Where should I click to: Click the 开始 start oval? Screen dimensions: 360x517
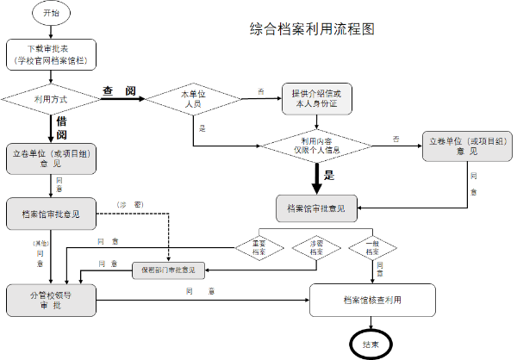pos(49,15)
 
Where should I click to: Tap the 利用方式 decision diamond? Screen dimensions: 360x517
pos(50,100)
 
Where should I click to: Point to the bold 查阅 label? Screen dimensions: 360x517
pos(119,91)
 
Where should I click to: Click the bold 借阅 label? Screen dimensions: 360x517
pos(62,128)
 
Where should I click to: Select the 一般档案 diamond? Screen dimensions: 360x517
pos(373,247)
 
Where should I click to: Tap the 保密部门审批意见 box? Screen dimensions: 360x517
pos(168,270)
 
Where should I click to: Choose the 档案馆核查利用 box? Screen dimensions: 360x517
pos(372,301)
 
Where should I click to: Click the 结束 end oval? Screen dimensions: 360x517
pos(371,343)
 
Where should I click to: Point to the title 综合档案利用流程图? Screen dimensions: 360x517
pos(312,28)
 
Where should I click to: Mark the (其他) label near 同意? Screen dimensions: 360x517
pos(40,245)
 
